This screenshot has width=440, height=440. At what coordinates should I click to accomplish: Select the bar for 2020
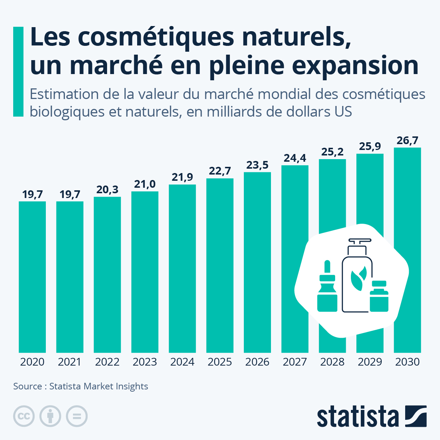coord(32,277)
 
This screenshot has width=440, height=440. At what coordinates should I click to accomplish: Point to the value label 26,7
coord(407,140)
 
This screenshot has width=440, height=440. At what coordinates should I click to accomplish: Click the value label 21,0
coord(144,184)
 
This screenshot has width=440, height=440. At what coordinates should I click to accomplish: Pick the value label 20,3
coord(107,190)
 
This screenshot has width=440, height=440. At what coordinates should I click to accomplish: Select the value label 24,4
coord(295,158)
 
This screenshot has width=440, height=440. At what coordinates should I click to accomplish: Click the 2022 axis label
coord(107,362)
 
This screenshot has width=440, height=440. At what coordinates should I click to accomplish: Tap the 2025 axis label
coord(220,362)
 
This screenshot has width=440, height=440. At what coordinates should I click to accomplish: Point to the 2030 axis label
coord(407,362)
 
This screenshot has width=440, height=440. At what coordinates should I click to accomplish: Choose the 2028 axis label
coord(332,362)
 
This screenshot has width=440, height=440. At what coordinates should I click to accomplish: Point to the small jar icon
coord(379,297)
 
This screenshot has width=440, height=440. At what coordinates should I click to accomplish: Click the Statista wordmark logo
coord(357,417)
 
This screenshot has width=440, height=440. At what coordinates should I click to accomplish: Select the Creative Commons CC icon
coord(24,416)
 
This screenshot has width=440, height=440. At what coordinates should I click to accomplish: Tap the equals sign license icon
coord(77,416)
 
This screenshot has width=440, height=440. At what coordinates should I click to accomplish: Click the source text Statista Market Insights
coord(99,386)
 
